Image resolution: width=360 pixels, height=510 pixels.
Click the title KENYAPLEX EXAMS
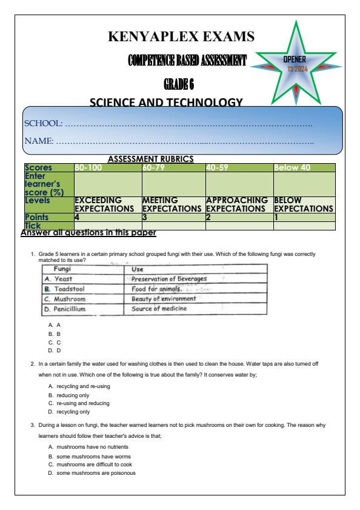tap(181, 36)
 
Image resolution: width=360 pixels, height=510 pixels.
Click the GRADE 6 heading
tap(181, 83)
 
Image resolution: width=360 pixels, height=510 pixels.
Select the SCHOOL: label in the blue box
tap(43, 123)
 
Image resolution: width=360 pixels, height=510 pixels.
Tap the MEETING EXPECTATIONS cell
tap(173, 204)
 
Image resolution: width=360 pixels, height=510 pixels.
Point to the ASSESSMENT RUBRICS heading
tap(150, 159)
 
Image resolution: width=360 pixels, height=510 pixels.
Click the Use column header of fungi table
tap(139, 269)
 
